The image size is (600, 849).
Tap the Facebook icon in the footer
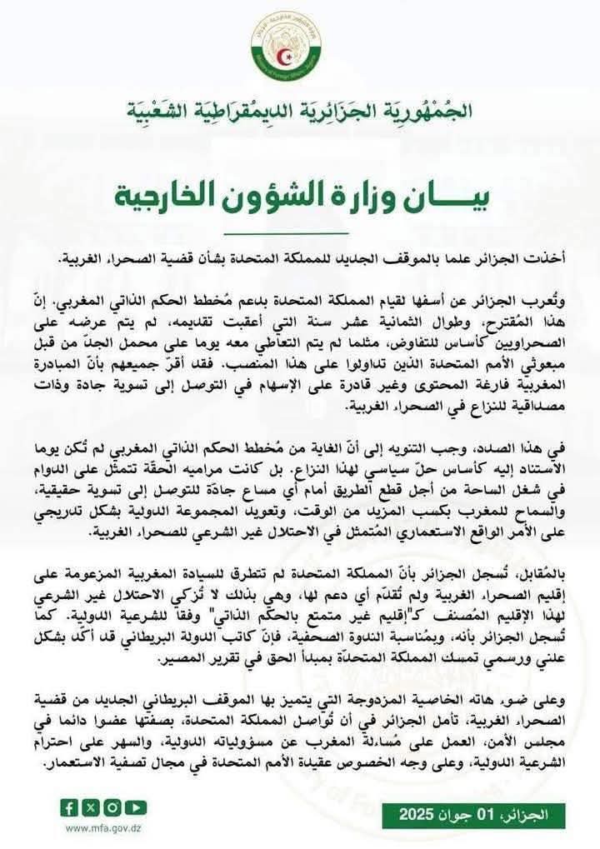70,807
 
